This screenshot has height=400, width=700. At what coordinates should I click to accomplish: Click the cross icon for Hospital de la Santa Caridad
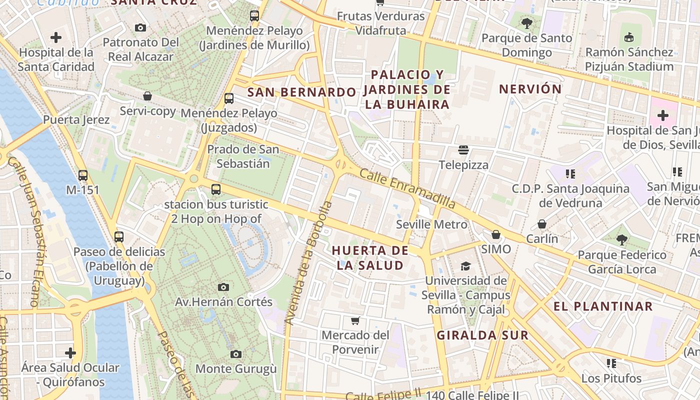pyautogui.click(x=56, y=37)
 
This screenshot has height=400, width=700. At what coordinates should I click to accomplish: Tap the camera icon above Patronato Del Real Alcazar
pyautogui.click(x=140, y=27)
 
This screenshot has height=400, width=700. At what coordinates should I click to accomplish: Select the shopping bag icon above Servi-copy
pyautogui.click(x=147, y=96)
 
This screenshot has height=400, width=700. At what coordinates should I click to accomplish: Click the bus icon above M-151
pyautogui.click(x=83, y=175)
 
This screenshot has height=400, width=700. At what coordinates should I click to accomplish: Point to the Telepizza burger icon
pyautogui.click(x=463, y=150)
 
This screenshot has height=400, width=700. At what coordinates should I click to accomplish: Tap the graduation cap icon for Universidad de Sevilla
pyautogui.click(x=466, y=266)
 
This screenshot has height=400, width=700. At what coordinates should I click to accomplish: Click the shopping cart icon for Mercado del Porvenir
pyautogui.click(x=355, y=320)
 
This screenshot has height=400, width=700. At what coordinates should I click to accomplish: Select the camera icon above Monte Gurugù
pyautogui.click(x=236, y=354)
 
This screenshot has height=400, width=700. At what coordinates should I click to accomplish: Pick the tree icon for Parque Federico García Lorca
pyautogui.click(x=621, y=240)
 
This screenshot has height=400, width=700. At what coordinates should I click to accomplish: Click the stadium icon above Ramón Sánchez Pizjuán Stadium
pyautogui.click(x=629, y=37)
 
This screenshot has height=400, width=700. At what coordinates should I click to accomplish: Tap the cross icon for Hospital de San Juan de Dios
pyautogui.click(x=663, y=116)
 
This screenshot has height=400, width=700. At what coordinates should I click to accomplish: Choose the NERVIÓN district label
pyautogui.click(x=530, y=89)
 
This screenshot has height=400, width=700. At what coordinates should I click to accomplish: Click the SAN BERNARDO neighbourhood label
pyautogui.click(x=301, y=92)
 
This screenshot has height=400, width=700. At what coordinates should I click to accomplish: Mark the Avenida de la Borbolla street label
pyautogui.click(x=308, y=262)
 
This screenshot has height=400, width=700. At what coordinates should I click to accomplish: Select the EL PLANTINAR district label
pyautogui.click(x=603, y=306)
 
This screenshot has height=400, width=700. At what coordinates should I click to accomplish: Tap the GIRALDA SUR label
pyautogui.click(x=482, y=335)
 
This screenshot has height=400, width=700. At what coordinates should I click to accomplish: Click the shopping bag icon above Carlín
pyautogui.click(x=542, y=224)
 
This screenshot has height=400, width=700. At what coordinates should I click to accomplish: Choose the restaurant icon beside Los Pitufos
pyautogui.click(x=611, y=363)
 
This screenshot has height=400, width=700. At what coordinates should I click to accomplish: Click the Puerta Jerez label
pyautogui.click(x=76, y=120)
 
